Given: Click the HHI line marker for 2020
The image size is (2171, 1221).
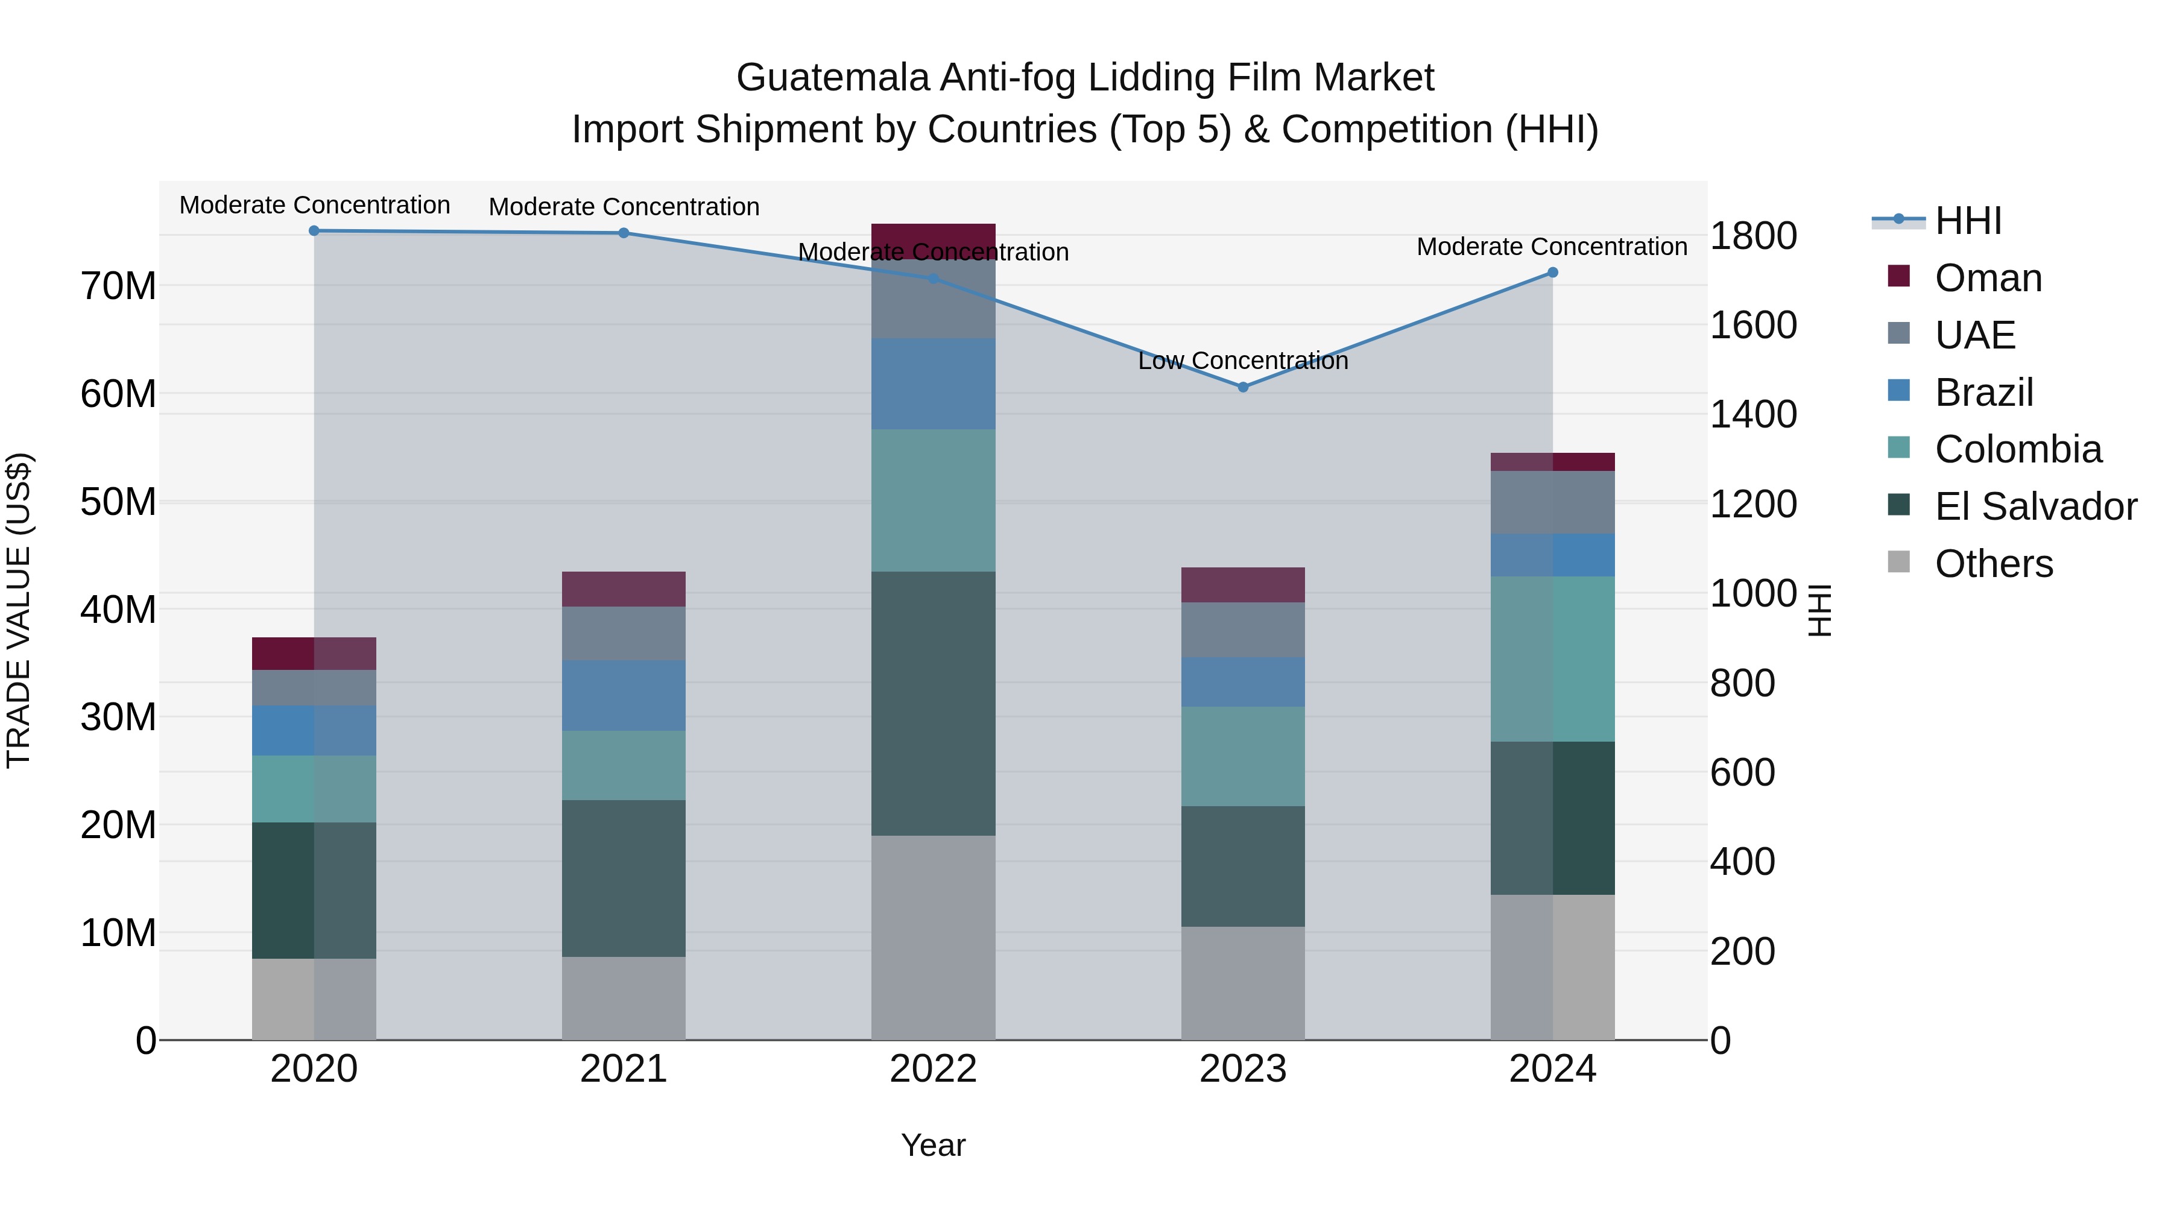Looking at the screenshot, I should [x=314, y=231].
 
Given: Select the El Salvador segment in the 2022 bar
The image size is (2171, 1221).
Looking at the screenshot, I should [x=933, y=704].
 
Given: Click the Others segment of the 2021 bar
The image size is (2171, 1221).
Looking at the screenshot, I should [x=624, y=998].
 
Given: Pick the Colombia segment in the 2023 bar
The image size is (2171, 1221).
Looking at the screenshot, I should [x=1242, y=756].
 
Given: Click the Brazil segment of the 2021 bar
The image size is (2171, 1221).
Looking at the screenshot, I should [x=624, y=695].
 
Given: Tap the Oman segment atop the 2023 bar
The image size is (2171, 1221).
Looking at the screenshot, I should [x=1242, y=585].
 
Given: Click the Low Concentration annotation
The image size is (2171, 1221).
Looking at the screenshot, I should [x=1242, y=361].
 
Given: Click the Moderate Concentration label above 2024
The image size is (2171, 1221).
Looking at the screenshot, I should [x=1552, y=247].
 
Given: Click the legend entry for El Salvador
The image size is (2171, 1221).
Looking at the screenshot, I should [x=2035, y=506].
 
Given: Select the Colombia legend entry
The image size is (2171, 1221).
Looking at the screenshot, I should [x=2018, y=449].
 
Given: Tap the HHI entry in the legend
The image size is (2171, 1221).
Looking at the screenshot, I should [x=1967, y=221].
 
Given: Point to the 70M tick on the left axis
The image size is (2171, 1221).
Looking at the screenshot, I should [x=118, y=286].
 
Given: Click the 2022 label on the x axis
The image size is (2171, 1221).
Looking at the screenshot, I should [x=933, y=1069].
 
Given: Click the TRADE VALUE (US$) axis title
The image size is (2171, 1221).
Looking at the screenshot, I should [x=19, y=610].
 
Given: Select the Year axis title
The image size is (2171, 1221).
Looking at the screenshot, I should [x=933, y=1145].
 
